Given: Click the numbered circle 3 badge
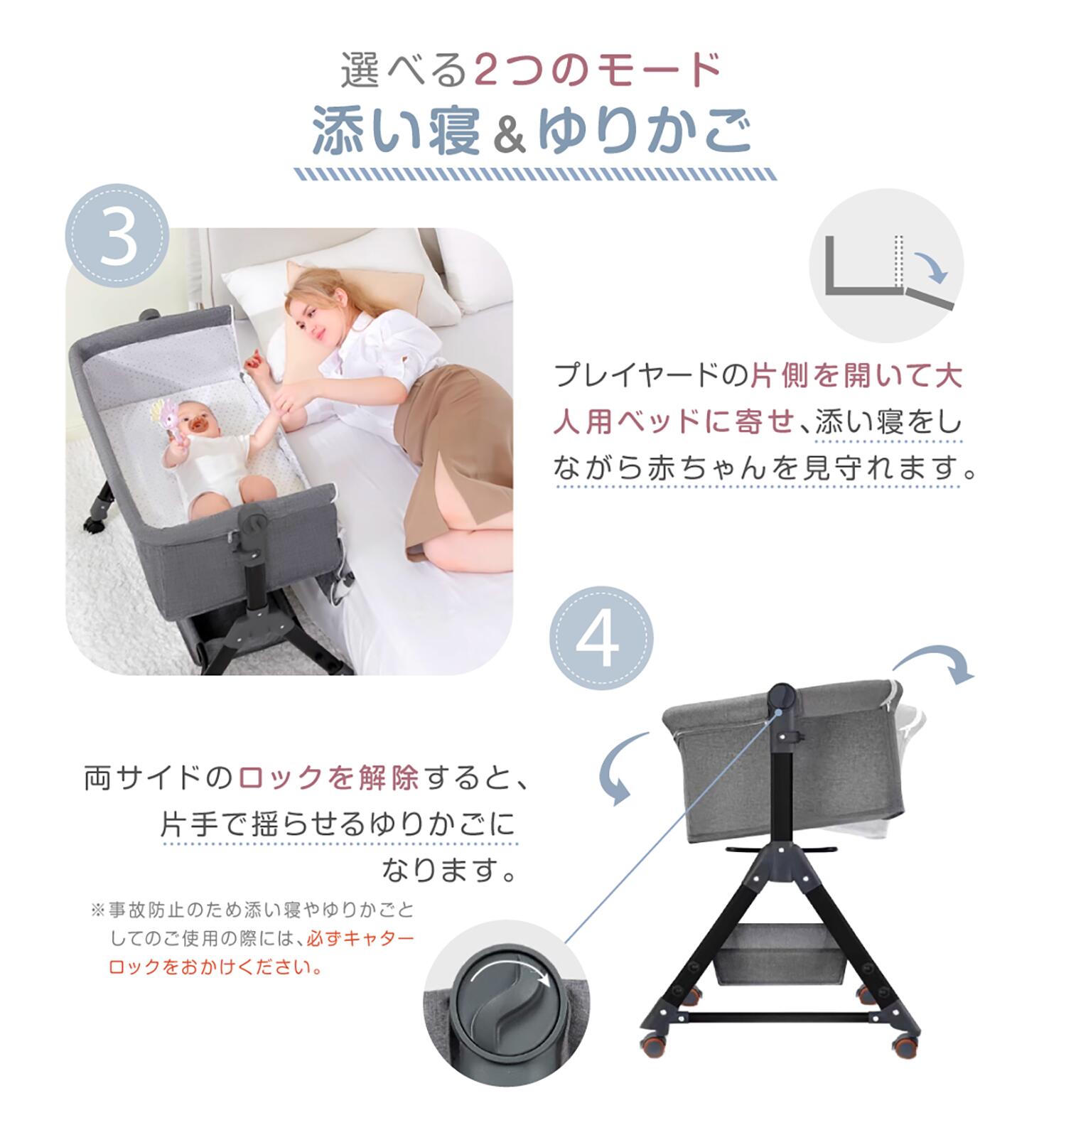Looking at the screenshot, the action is (x=117, y=236).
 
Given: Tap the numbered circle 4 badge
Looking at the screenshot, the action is (x=601, y=638).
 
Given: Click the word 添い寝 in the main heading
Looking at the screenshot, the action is (x=397, y=131).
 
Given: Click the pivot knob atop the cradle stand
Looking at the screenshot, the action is (x=782, y=696).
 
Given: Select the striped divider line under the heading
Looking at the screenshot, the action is (x=535, y=174).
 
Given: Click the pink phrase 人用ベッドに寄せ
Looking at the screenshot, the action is (x=674, y=422).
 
